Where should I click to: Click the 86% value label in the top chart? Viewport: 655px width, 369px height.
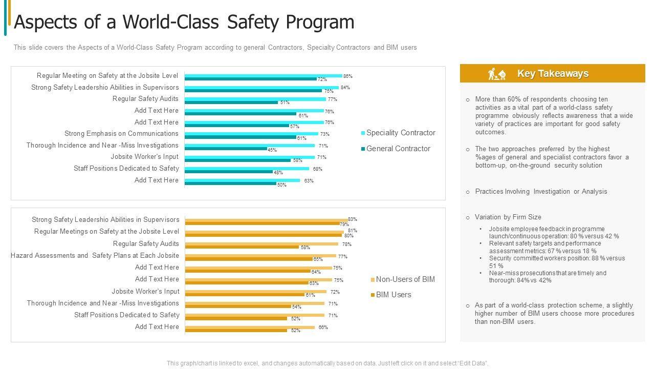pos(347,76)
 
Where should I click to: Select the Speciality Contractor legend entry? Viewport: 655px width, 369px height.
pos(400,133)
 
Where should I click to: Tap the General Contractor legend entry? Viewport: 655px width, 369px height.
pos(398,149)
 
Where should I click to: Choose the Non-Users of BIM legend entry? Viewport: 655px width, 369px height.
pos(405,279)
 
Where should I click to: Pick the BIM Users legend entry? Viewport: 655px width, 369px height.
pos(393,295)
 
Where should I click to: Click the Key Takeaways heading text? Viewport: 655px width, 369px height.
pos(553,74)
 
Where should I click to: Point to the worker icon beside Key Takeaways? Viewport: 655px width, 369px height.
pos(496,74)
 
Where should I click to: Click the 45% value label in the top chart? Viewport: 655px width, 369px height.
pos(272,150)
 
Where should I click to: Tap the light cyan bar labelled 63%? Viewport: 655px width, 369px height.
pos(243,180)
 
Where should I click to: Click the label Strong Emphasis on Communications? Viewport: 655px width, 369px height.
pos(121,134)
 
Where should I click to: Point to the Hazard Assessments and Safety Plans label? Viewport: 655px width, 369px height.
pos(95,256)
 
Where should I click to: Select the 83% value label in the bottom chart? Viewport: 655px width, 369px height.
pos(352,219)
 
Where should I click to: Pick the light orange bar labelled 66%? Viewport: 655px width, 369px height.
pos(250,327)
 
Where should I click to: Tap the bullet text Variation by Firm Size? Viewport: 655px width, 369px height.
pos(508,217)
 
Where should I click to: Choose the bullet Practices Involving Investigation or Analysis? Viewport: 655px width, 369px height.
pos(541,192)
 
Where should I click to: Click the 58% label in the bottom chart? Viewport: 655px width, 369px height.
pos(305,247)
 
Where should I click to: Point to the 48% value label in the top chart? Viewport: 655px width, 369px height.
pos(278,173)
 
